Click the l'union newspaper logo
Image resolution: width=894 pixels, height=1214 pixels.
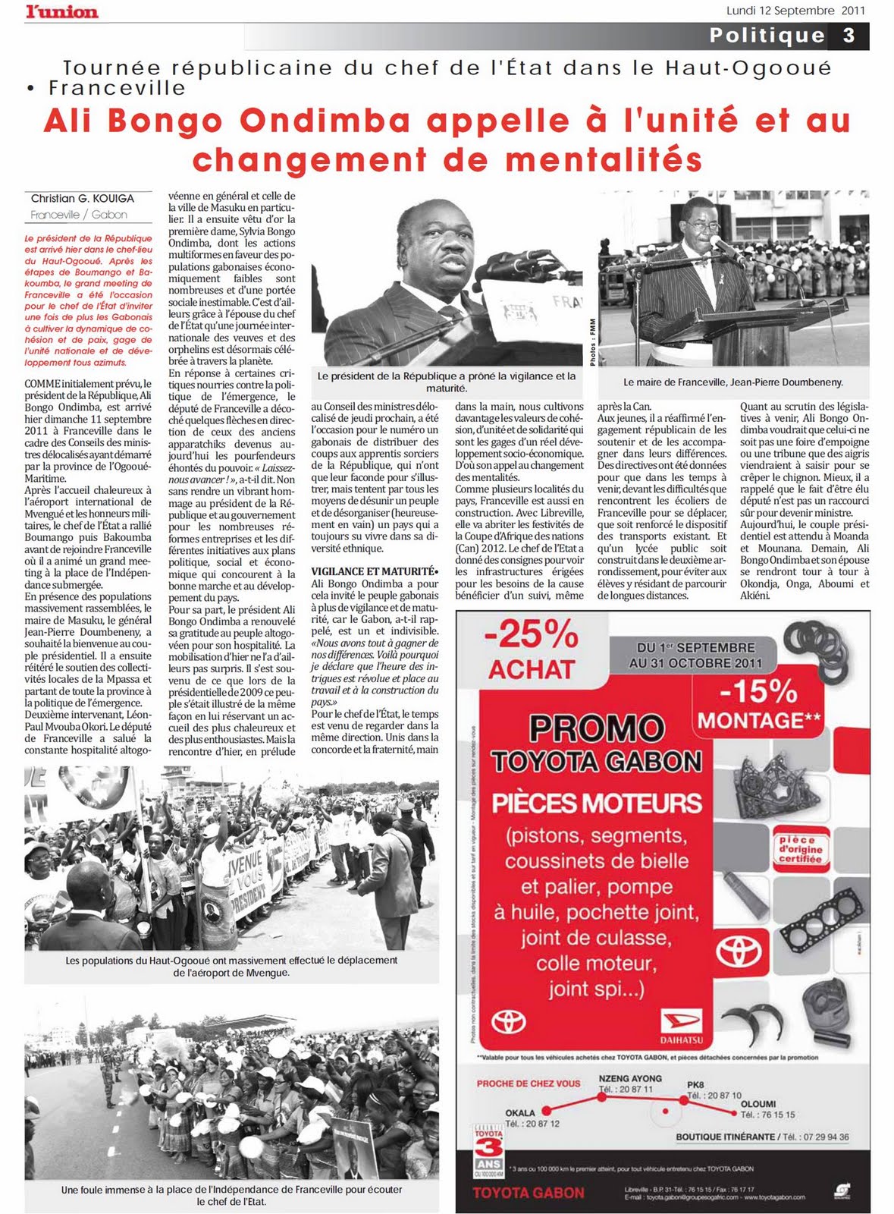tap(61, 11)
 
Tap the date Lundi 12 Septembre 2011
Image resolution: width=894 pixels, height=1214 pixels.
tap(795, 11)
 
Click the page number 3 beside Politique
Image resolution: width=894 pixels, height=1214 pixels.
tap(849, 36)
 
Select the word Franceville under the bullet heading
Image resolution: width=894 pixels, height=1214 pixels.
tap(117, 87)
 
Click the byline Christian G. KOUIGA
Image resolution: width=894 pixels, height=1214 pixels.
tap(83, 198)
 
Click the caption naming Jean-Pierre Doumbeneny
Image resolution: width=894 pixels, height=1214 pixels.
tap(732, 382)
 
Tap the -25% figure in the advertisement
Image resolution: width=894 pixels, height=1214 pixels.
tap(531, 634)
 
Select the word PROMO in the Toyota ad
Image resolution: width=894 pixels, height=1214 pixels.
tap(596, 728)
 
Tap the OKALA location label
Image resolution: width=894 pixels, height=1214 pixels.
tap(520, 1112)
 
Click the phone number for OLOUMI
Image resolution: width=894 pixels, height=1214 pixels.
tap(767, 1115)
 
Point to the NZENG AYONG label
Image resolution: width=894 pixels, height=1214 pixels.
tap(630, 1078)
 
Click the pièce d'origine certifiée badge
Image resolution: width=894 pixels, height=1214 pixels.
tap(800, 850)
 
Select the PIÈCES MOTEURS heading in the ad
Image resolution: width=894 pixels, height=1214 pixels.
tap(597, 802)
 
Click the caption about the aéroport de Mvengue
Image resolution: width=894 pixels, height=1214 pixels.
tap(231, 966)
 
